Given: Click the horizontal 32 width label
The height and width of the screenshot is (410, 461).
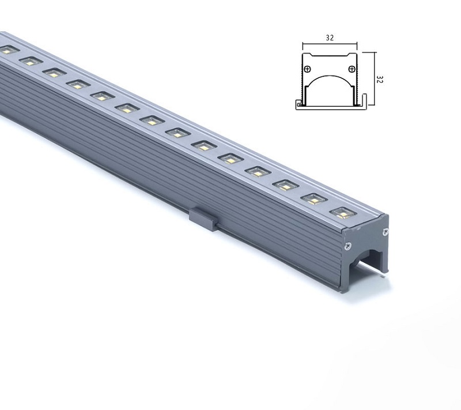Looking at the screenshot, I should [x=330, y=39].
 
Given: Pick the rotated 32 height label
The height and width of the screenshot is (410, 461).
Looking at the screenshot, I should [x=379, y=80].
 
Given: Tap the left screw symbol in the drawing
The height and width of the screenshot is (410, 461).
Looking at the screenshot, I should [x=308, y=69].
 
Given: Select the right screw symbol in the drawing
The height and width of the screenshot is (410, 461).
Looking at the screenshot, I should [x=352, y=69].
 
